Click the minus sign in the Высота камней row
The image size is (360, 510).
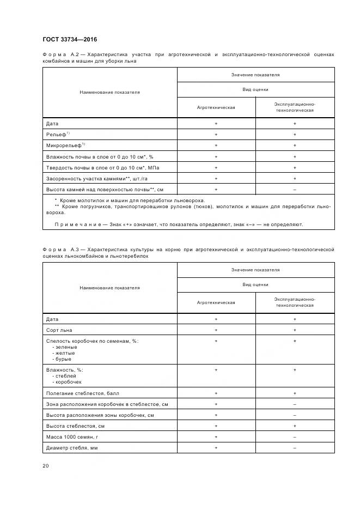(x=295, y=189)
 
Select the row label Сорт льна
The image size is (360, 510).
(x=59, y=330)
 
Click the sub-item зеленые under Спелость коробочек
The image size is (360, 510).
(x=64, y=347)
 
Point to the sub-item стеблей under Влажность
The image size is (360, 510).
(x=64, y=376)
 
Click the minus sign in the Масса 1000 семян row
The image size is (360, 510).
(x=295, y=436)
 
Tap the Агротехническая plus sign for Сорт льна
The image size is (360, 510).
(x=216, y=330)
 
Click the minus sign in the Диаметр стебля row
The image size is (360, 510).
(x=295, y=447)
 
